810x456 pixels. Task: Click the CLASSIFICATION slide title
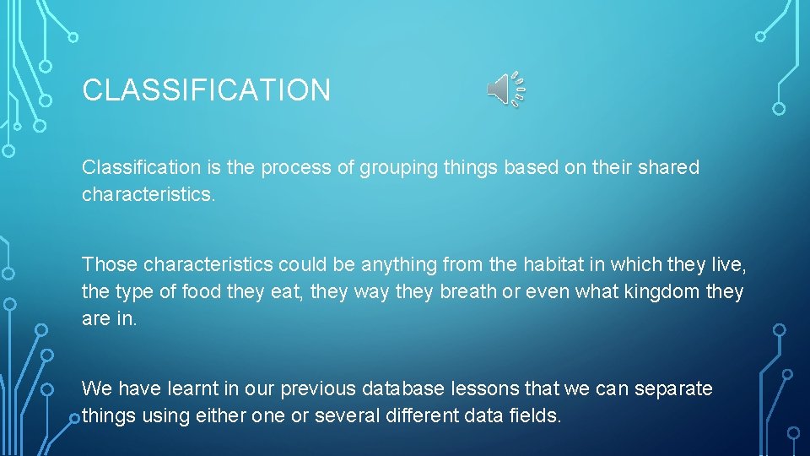click(206, 90)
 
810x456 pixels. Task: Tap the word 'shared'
click(670, 168)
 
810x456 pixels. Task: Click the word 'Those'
click(110, 264)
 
